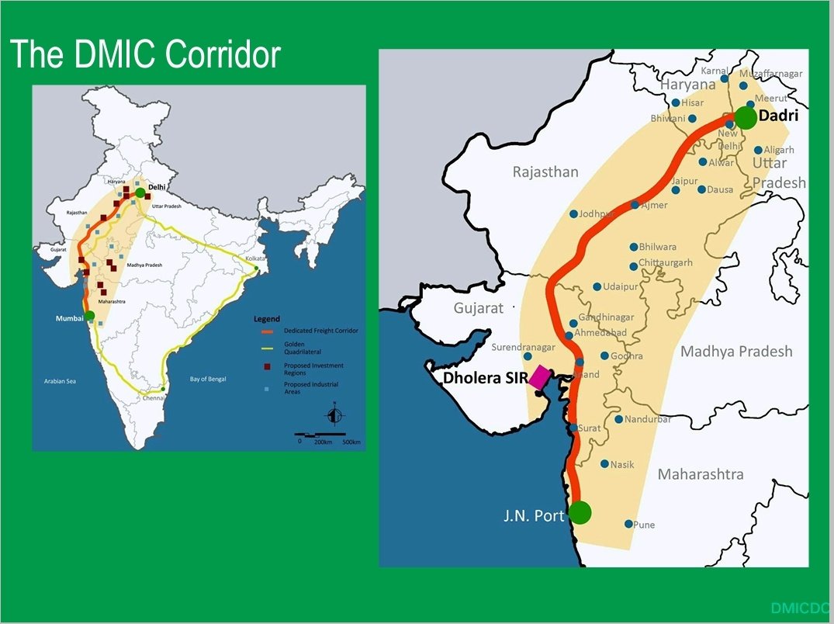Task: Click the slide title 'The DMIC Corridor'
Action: pos(145,54)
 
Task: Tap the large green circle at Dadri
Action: pos(746,118)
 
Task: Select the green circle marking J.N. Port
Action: pos(580,512)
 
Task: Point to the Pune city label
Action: pos(644,525)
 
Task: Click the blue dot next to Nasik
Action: pos(604,464)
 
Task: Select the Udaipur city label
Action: pos(620,287)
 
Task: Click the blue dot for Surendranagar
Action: pos(528,356)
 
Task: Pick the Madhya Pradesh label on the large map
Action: pos(736,352)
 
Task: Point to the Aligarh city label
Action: pos(779,150)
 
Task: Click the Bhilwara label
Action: pos(657,247)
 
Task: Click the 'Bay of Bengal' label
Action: pos(212,379)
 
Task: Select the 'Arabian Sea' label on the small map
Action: pos(60,381)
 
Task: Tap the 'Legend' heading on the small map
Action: pos(267,319)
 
